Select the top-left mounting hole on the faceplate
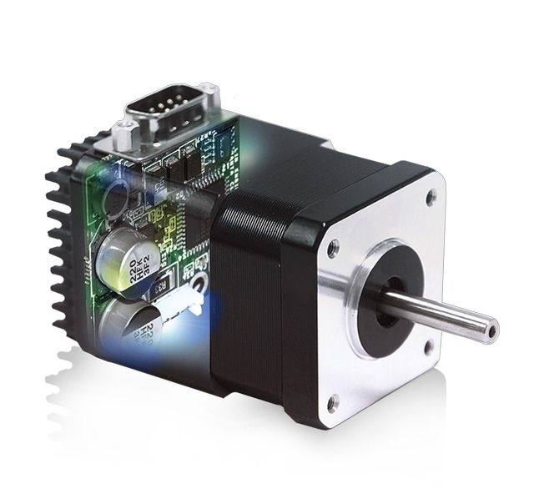tap(333, 247)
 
